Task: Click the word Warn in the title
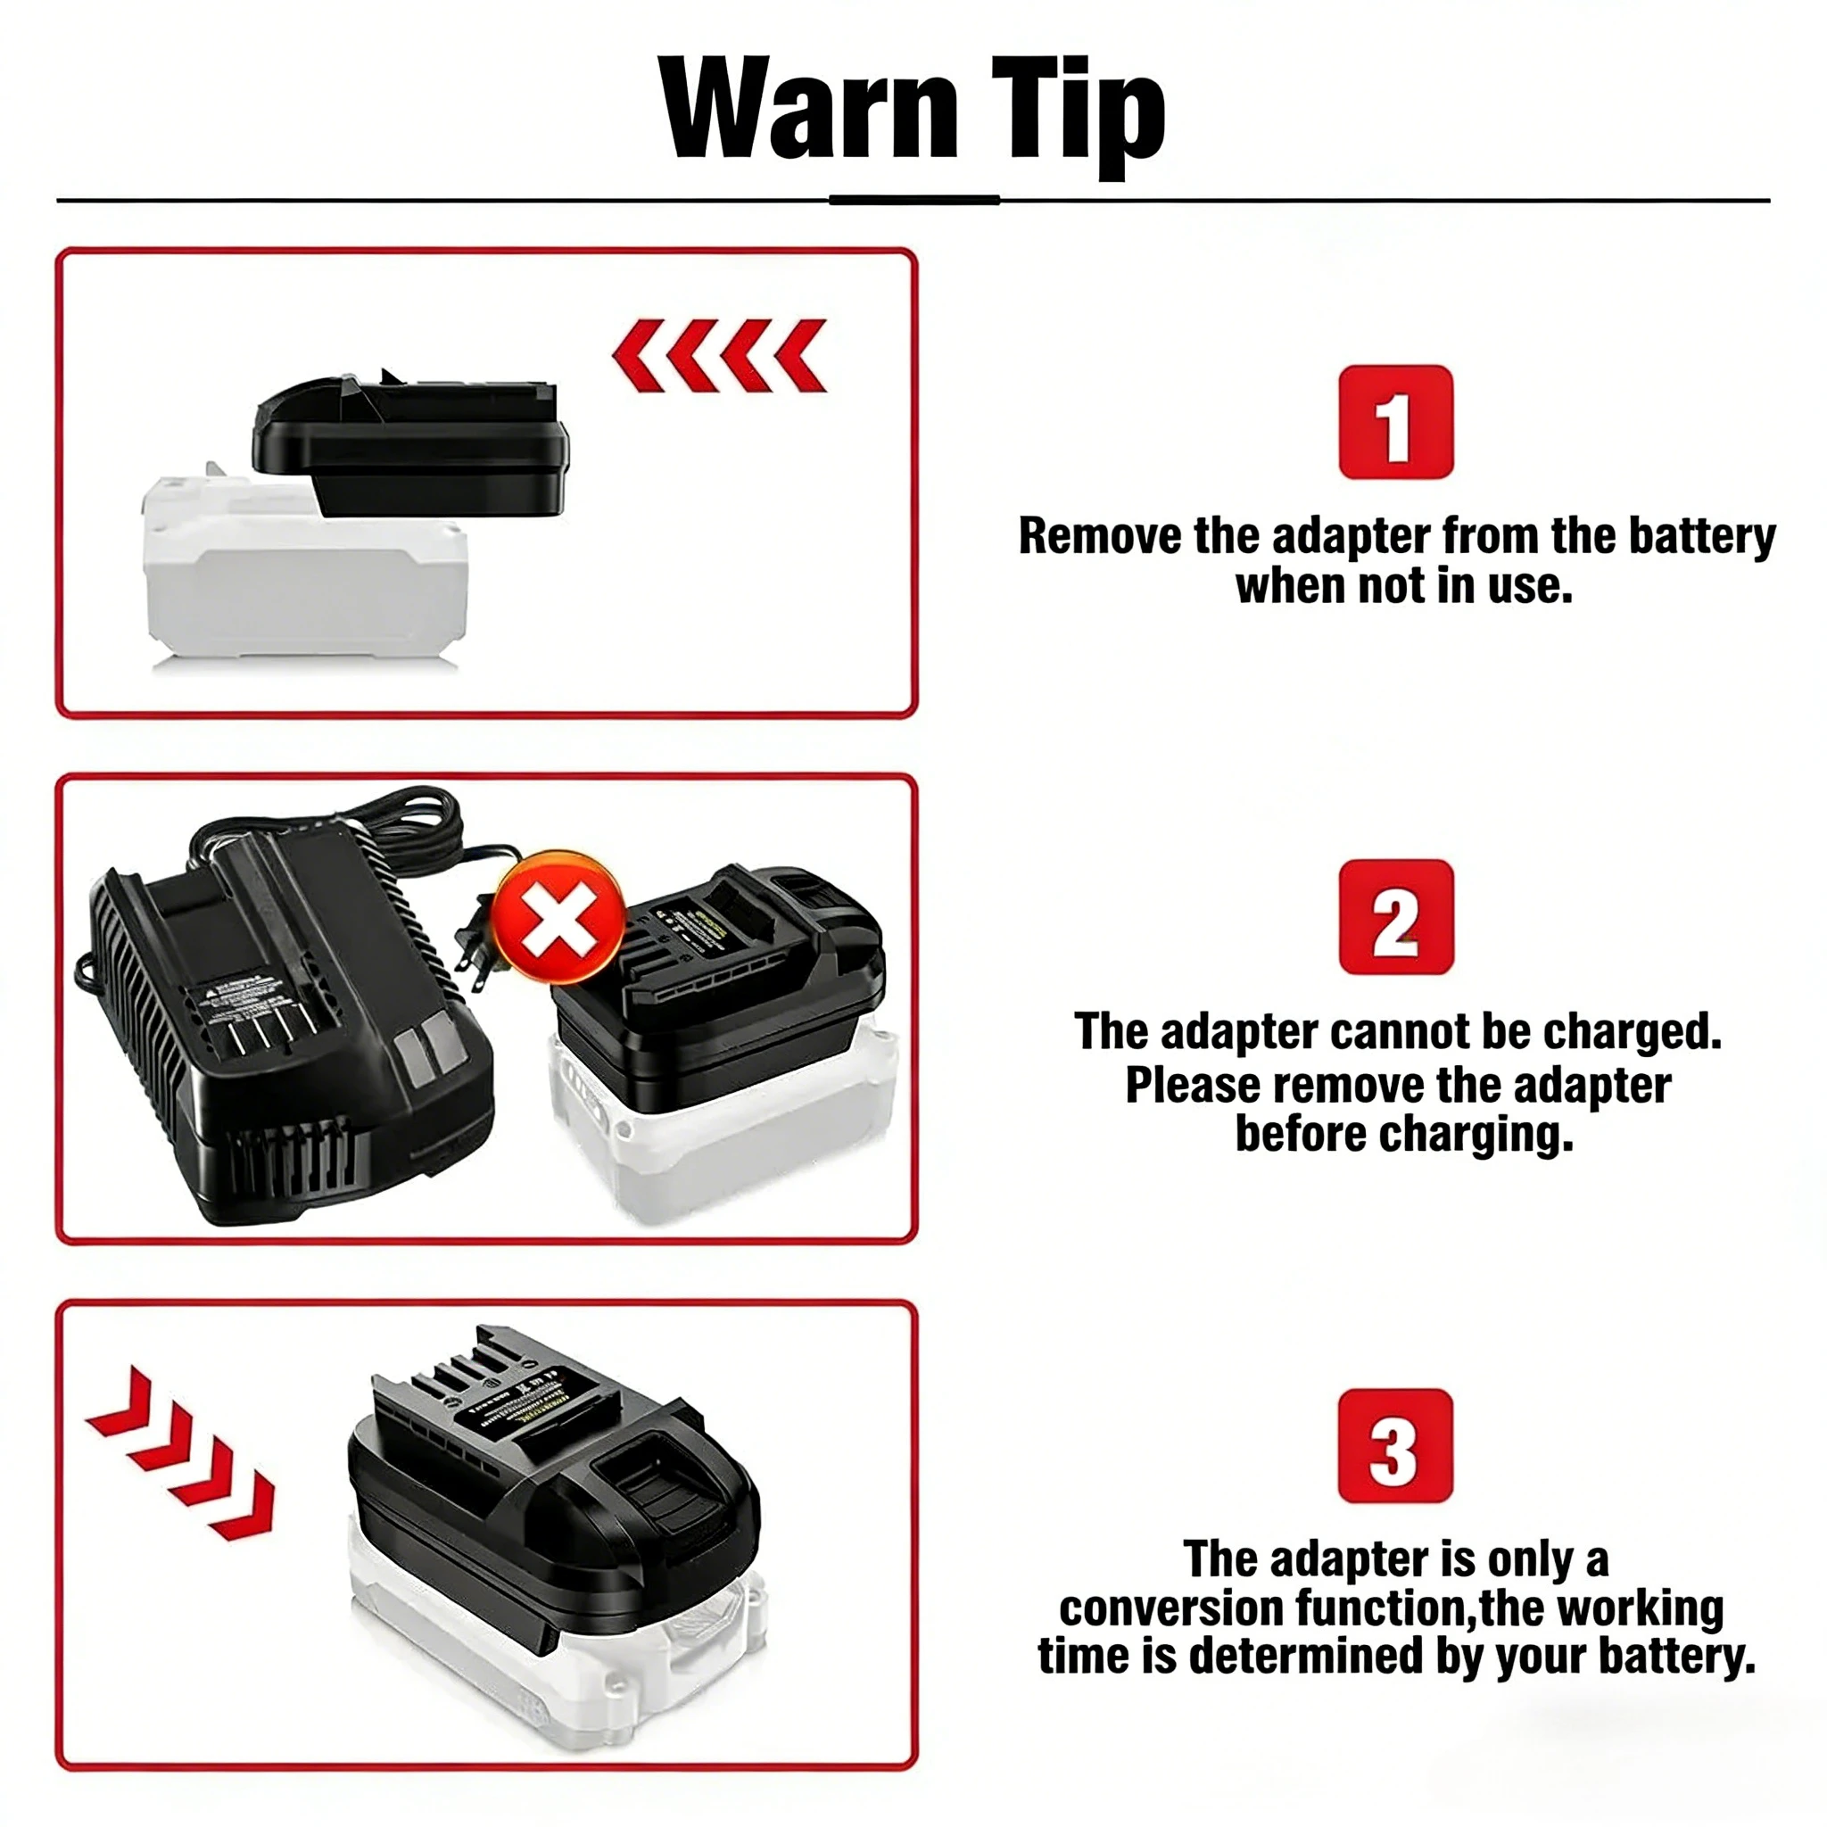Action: (809, 109)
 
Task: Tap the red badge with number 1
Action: (1396, 422)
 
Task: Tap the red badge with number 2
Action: (1396, 916)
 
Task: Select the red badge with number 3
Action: (1395, 1445)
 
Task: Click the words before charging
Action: (1403, 1134)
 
